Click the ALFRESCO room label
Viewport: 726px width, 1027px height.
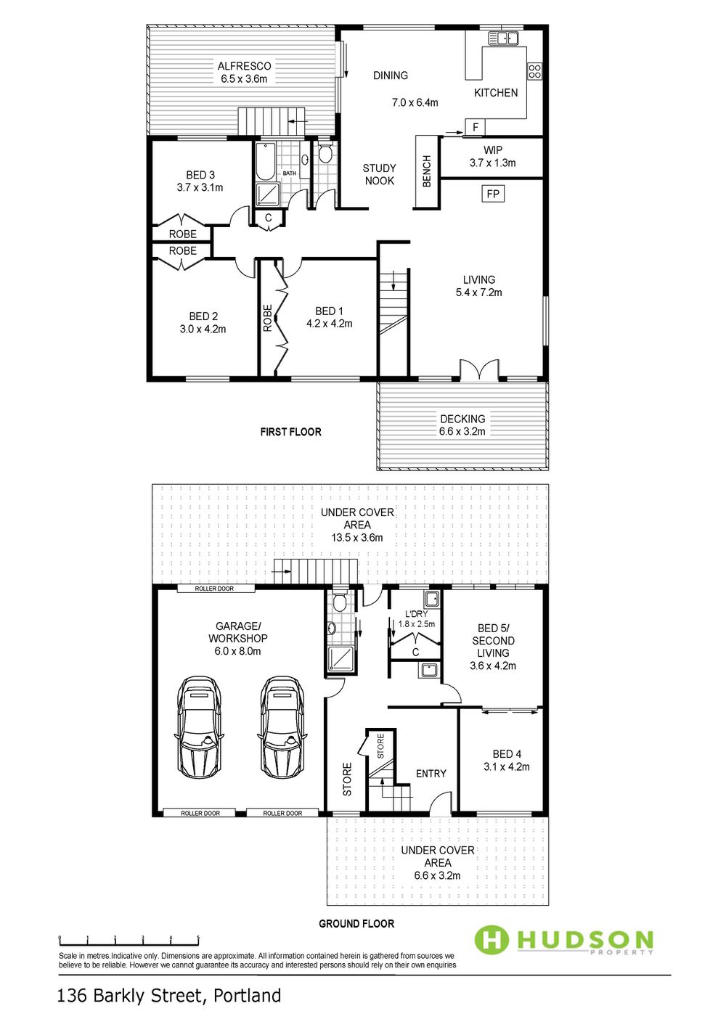click(244, 66)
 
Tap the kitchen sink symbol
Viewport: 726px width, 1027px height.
click(502, 38)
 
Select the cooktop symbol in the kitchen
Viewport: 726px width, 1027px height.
click(534, 71)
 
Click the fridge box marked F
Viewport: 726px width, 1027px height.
click(476, 127)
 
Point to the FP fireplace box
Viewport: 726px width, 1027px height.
click(493, 194)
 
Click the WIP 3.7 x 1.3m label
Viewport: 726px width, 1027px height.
click(492, 156)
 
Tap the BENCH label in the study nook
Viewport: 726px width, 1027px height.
click(426, 171)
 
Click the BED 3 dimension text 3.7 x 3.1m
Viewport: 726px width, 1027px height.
click(200, 187)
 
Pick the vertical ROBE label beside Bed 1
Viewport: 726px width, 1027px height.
click(267, 318)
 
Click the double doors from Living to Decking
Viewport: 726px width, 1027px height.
click(479, 369)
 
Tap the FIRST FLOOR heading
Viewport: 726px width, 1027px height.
click(291, 432)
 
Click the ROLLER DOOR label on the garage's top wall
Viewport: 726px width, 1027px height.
click(214, 589)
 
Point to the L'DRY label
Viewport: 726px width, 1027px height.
click(416, 613)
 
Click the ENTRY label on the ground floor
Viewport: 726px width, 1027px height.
click(431, 774)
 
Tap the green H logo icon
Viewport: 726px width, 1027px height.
click(492, 939)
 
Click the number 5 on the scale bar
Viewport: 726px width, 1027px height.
click(198, 938)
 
